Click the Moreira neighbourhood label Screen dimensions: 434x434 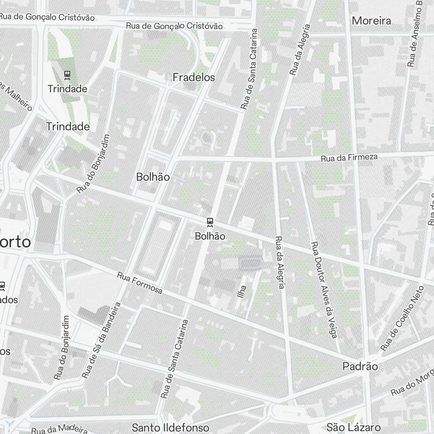(x=371, y=20)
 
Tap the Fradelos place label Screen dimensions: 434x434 (x=194, y=77)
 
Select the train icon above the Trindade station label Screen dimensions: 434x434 (x=67, y=75)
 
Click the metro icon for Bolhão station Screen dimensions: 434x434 (x=210, y=223)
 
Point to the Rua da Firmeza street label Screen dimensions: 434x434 (x=349, y=158)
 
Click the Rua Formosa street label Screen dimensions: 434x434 (x=140, y=283)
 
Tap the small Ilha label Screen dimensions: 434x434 (x=242, y=291)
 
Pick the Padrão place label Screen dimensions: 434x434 (x=360, y=366)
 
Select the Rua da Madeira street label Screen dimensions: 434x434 (x=56, y=429)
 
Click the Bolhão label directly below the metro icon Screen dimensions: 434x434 (x=210, y=236)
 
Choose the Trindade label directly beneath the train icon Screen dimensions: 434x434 (x=67, y=89)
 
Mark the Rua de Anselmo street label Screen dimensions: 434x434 (x=414, y=35)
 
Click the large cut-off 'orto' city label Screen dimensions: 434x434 (x=16, y=242)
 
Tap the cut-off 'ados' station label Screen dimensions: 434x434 (x=9, y=300)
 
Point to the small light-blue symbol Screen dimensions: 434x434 (x=10, y=424)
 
